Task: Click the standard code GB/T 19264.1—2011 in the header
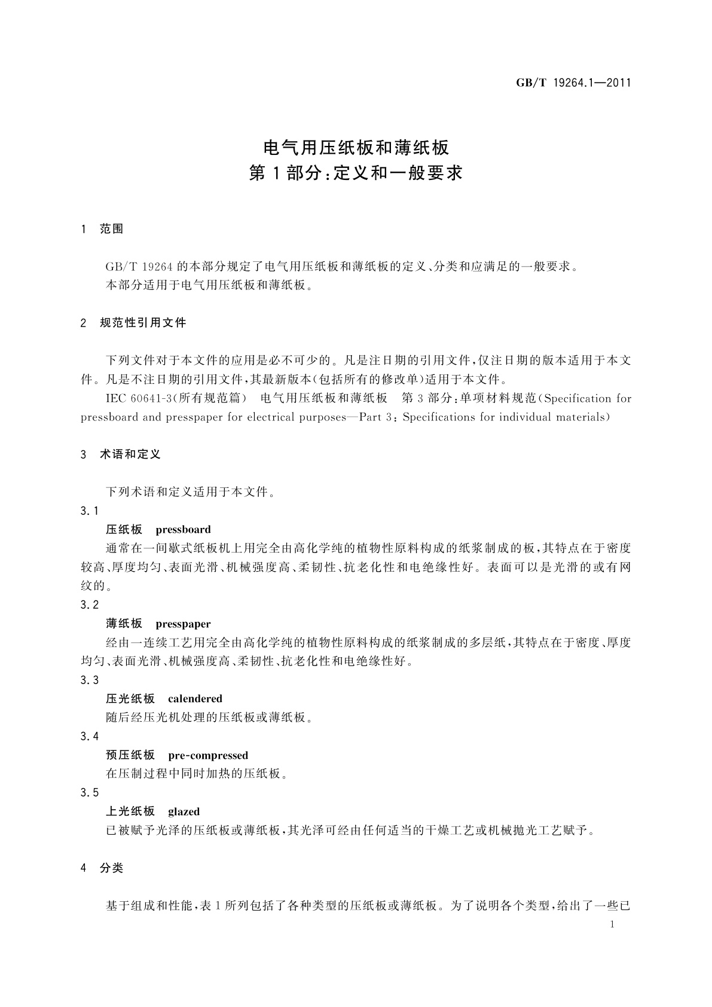click(x=573, y=83)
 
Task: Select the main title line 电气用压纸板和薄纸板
click(x=356, y=147)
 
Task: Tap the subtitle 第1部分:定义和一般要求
click(x=356, y=173)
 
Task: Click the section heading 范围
click(x=112, y=229)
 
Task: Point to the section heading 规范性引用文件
click(x=143, y=323)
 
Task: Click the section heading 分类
click(x=112, y=868)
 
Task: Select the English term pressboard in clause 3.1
click(x=183, y=530)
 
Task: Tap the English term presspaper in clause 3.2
click(x=183, y=624)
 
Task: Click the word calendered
click(x=195, y=699)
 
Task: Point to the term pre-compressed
click(x=208, y=756)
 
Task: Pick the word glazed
click(x=184, y=812)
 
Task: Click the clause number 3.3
click(x=89, y=681)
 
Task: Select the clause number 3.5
click(x=89, y=793)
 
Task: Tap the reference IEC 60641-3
click(x=133, y=399)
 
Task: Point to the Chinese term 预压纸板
click(x=130, y=756)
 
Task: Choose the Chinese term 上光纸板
click(x=130, y=812)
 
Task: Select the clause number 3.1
click(x=89, y=511)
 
